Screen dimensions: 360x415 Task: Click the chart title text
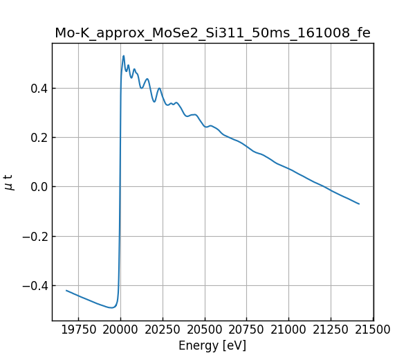212,33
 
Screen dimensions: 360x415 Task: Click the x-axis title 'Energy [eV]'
212,345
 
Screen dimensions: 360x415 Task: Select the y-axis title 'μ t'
8,182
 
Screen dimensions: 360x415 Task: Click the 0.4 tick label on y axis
38,89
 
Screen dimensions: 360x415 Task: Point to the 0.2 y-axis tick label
38,138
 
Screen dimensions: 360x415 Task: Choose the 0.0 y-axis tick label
38,187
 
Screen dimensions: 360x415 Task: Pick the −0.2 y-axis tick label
35,237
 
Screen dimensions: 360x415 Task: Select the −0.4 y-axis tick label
35,286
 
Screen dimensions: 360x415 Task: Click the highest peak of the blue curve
123,56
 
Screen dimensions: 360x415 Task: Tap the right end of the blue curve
359,204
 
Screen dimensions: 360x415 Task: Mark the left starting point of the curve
66,290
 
